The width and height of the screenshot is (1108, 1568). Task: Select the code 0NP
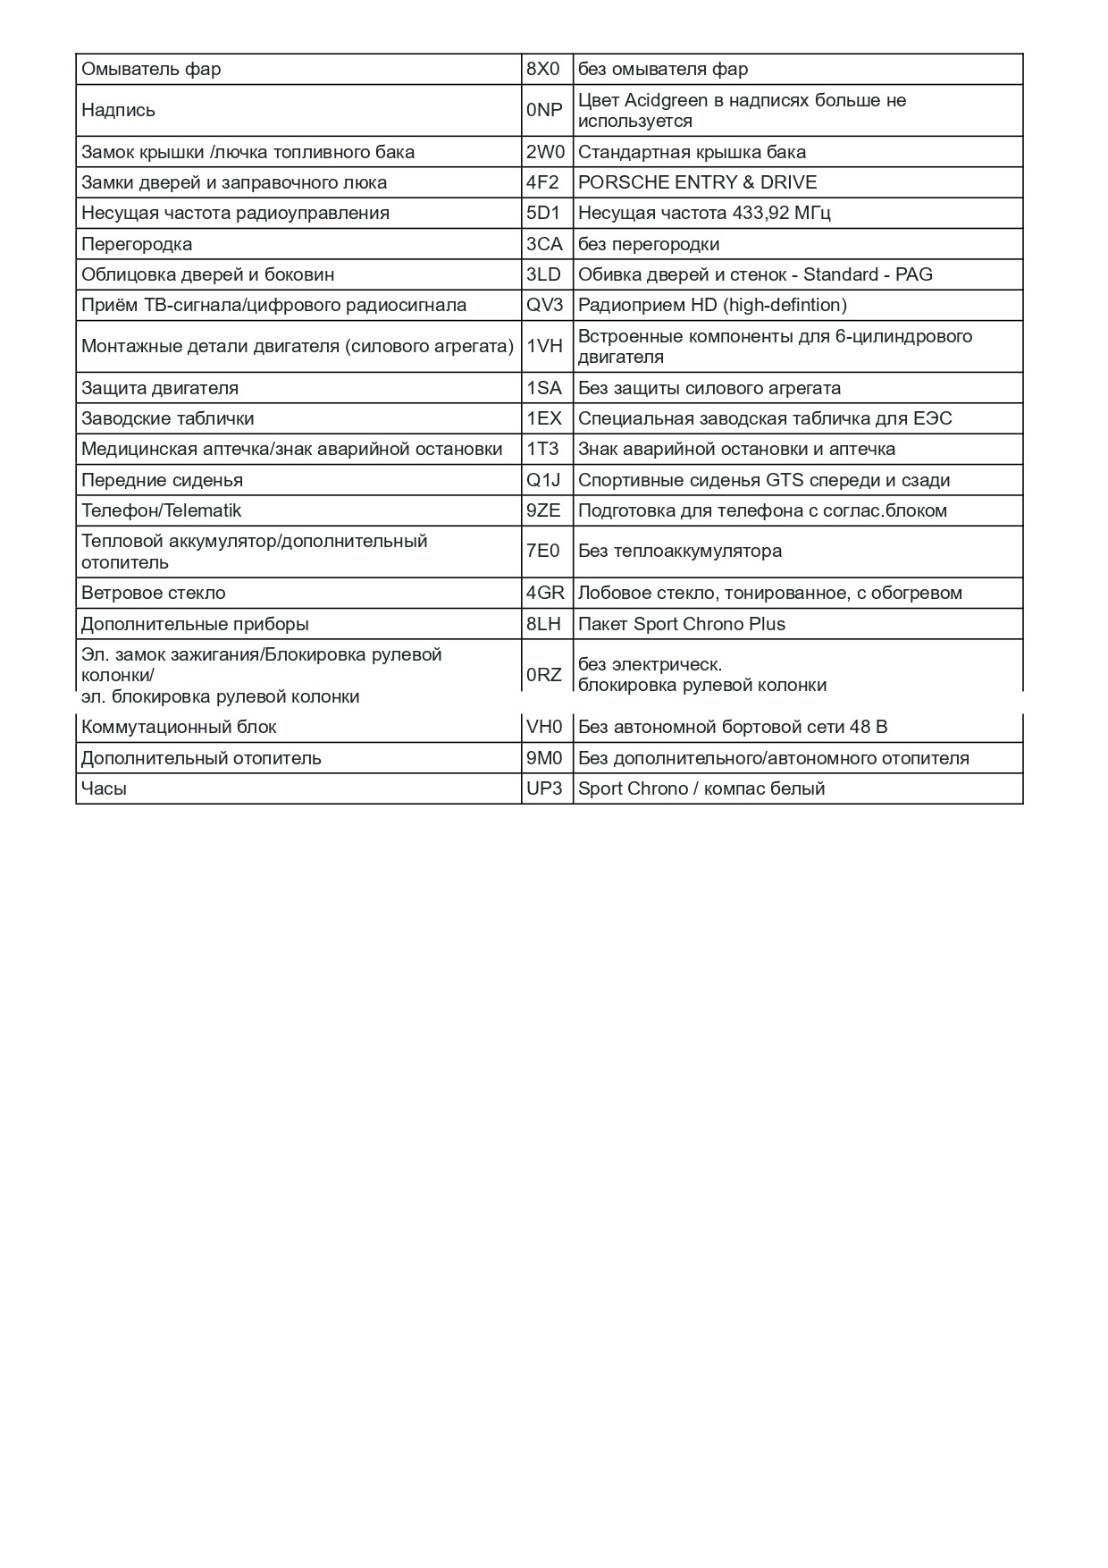pos(544,110)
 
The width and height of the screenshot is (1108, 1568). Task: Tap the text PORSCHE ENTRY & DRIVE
pos(697,182)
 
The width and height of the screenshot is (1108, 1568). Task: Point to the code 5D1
pos(542,213)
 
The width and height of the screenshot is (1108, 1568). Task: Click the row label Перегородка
pos(137,244)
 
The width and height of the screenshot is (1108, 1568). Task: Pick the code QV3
pos(544,305)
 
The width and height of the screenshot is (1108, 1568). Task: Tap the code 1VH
pos(544,346)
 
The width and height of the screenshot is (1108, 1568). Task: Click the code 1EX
pos(543,418)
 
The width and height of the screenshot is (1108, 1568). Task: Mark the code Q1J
pos(543,480)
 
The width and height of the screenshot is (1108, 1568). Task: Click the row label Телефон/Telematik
pos(161,510)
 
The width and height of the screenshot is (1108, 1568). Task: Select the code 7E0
pos(542,551)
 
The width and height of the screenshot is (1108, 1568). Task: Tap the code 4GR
pos(545,593)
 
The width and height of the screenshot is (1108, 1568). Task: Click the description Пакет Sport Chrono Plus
pos(682,624)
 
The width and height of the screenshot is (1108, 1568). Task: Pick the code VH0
pos(544,727)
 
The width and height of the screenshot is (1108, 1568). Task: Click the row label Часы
pos(104,788)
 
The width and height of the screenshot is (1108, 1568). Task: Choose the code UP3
pos(544,788)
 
